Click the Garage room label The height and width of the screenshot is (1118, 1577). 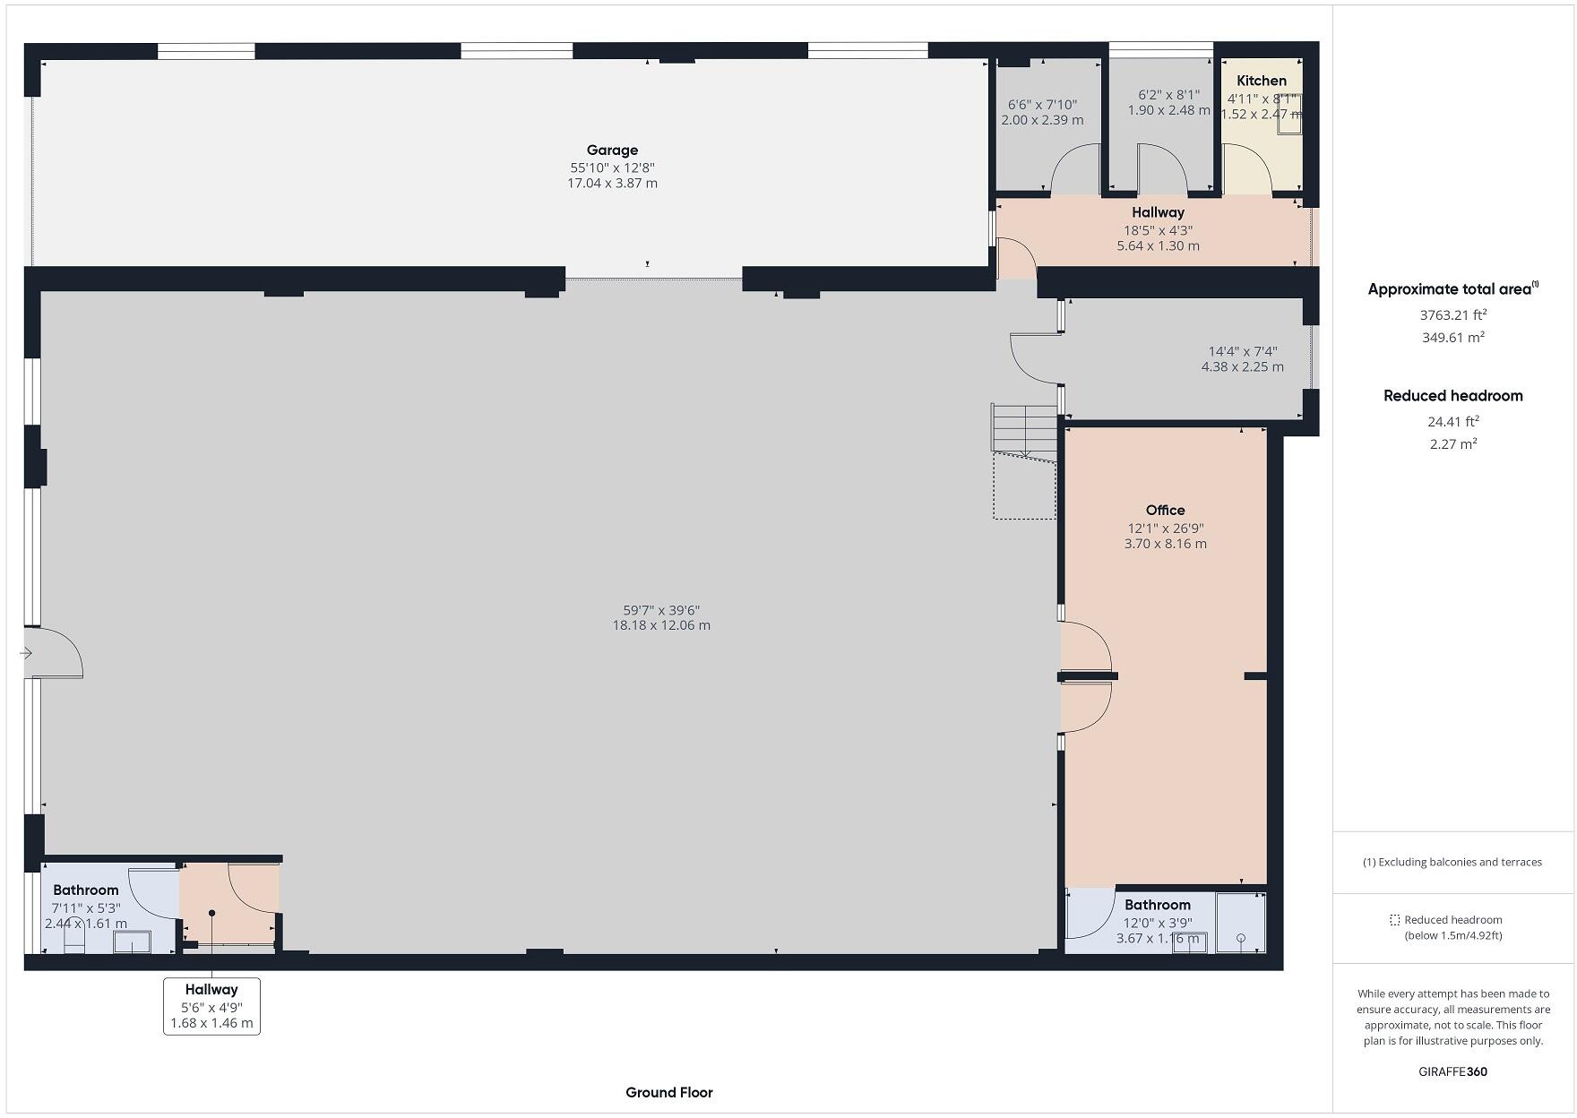612,150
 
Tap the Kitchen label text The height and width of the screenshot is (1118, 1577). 1261,81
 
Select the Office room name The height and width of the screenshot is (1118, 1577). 1165,510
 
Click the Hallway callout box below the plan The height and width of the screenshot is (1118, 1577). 211,1006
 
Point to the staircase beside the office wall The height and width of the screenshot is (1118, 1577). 1024,430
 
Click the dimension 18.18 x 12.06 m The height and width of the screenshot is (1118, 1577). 661,625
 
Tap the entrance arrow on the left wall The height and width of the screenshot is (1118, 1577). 26,653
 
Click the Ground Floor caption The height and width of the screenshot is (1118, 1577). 668,1092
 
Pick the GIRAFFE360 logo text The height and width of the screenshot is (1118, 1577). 1452,1071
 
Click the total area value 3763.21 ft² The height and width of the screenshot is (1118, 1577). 1452,314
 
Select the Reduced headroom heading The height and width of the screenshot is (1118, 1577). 1452,396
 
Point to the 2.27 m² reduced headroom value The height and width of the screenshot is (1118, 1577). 1452,443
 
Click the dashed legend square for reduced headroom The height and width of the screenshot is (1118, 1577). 1394,920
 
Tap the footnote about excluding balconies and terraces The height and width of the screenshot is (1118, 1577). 1452,862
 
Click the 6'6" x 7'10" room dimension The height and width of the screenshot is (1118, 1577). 1042,105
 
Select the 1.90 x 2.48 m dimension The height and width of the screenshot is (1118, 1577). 1168,110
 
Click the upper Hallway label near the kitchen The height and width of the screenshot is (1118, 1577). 1158,212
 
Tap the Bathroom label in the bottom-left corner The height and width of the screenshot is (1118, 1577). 85,890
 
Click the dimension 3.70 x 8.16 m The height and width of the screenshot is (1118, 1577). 1165,544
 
